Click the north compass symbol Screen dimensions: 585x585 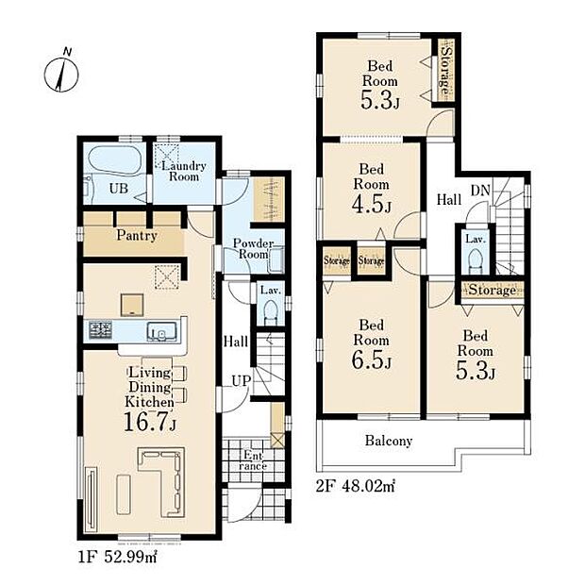61,74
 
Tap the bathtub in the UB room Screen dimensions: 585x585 114,159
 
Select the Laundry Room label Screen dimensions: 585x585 184,171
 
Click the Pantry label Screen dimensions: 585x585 137,236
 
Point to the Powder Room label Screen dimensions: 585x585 253,249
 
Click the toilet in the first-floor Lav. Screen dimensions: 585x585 270,312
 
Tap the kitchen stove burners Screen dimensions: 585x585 100,330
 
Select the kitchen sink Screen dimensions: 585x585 161,331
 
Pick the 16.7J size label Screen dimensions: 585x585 150,422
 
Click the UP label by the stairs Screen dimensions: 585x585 241,381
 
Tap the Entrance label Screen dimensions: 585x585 253,460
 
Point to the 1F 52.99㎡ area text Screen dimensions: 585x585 118,558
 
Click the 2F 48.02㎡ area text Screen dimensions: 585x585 355,487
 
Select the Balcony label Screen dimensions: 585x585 389,441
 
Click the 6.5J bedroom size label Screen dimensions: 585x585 371,359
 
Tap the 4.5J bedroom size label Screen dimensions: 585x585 371,204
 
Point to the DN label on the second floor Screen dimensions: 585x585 480,191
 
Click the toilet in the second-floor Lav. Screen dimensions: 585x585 475,260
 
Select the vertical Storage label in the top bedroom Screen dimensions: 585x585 445,70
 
